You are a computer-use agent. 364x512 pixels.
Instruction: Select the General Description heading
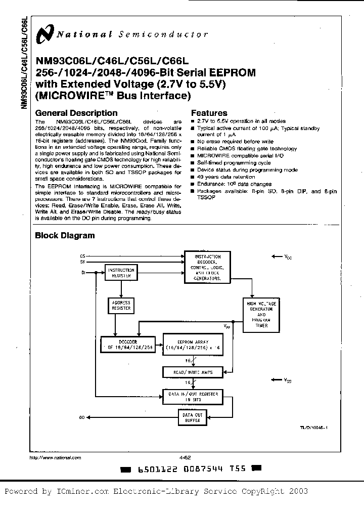[76, 113]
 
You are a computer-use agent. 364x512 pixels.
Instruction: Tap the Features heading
[209, 113]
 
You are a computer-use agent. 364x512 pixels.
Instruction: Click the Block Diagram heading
[64, 235]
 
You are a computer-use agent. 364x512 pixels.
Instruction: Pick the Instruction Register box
[121, 273]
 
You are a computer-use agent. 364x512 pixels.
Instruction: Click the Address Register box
[121, 305]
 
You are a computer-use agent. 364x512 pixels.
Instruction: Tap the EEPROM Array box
[193, 345]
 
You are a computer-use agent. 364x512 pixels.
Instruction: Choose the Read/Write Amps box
[193, 372]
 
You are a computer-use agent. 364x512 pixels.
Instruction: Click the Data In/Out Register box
[193, 396]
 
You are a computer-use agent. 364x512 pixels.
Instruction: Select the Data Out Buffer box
[193, 417]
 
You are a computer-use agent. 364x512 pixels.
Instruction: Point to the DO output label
[82, 417]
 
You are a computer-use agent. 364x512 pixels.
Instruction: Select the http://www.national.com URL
[56, 457]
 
